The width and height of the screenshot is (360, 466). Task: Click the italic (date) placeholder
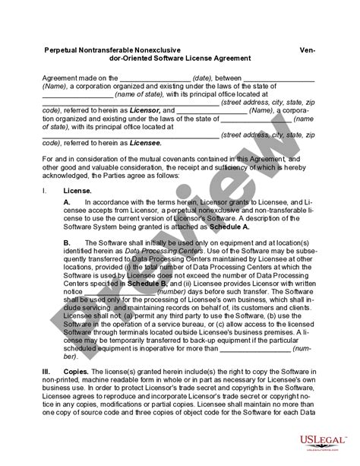point(202,77)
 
